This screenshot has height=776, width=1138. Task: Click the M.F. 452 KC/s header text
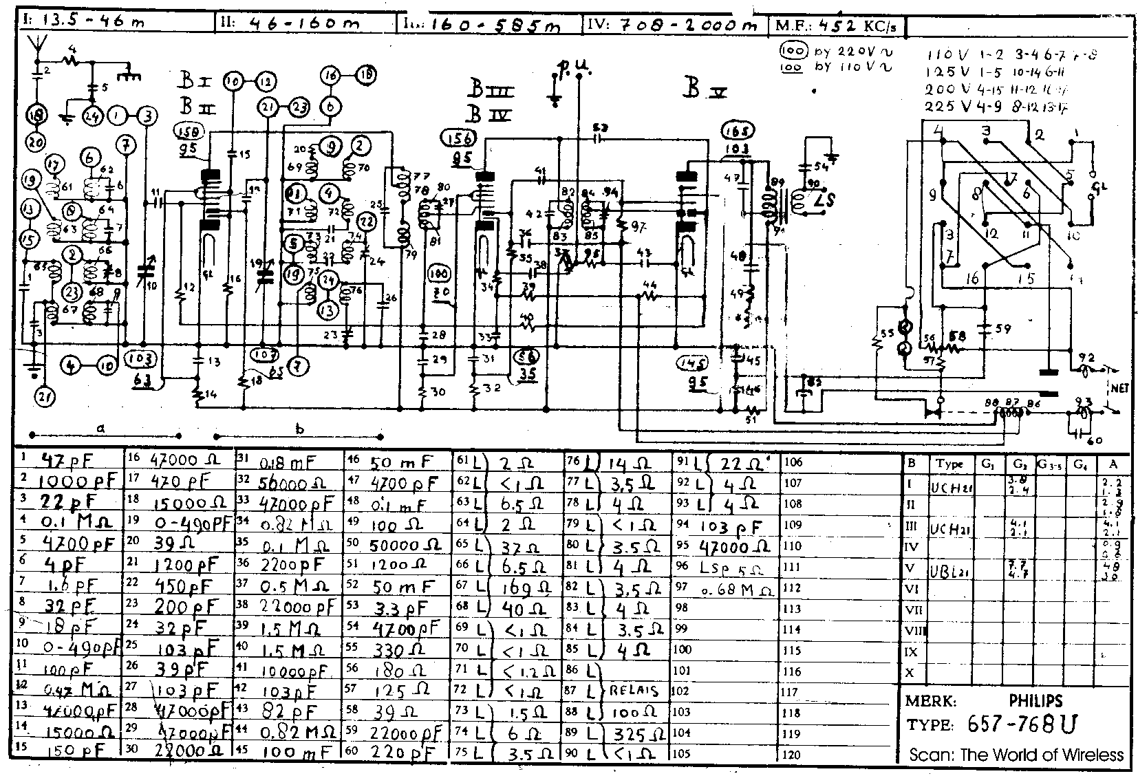[840, 26]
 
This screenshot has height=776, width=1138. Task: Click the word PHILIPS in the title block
[1035, 701]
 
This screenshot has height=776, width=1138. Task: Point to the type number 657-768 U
[1022, 724]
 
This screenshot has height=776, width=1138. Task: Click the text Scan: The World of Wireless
[1016, 755]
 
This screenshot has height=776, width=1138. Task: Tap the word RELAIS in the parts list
[634, 691]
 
